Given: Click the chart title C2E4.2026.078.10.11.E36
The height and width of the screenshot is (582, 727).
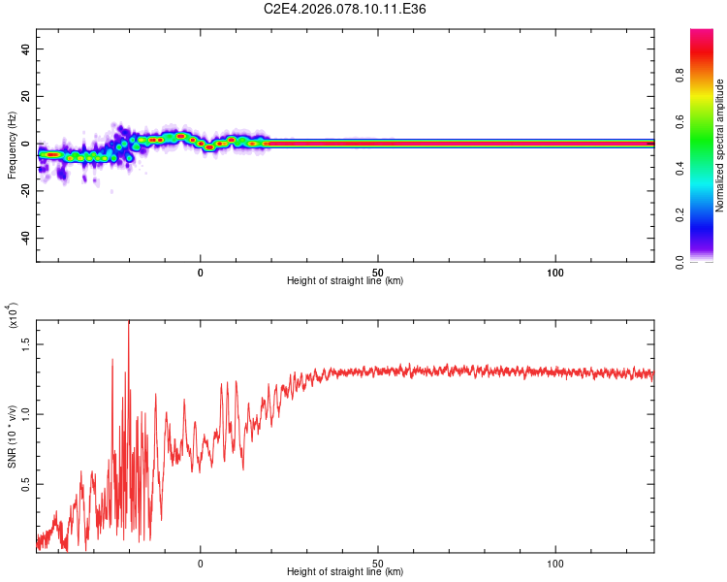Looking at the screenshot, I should click(x=345, y=9).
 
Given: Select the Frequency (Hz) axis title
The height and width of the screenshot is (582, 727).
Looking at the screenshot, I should click(x=12, y=145).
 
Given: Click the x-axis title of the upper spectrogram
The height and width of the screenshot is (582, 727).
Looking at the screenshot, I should click(x=345, y=281).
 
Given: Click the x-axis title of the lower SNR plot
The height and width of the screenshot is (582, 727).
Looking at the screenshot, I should click(x=345, y=572).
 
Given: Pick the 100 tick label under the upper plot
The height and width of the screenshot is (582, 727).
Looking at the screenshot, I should click(x=555, y=273).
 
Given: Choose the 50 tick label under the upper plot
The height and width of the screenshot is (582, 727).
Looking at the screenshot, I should click(x=378, y=273).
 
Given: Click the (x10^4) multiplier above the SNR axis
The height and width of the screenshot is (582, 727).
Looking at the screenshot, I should click(x=12, y=316).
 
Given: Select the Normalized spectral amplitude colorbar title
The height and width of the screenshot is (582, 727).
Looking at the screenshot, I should click(x=719, y=145).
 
